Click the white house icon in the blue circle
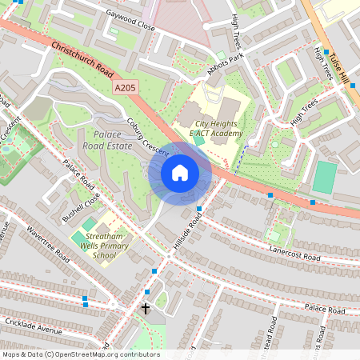point(180,173)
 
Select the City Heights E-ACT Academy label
point(216,128)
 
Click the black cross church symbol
point(146,308)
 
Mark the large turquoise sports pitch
point(324,178)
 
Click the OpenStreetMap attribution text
point(80,354)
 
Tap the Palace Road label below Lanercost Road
point(323,307)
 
